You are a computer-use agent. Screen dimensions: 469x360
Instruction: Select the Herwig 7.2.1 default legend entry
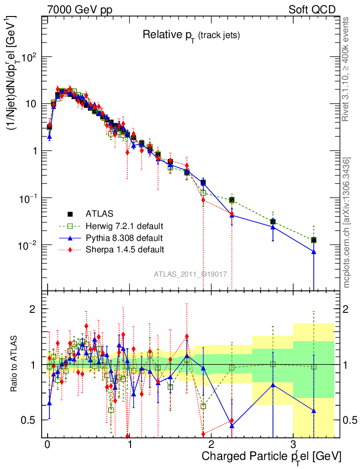pos(124,226)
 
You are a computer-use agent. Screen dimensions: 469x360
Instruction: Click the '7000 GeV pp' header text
pos(80,10)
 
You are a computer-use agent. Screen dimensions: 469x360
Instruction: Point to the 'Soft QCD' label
pos(312,10)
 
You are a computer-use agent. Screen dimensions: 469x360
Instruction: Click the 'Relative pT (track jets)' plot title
pos(191,35)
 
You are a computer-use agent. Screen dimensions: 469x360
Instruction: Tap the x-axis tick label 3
pos(293,444)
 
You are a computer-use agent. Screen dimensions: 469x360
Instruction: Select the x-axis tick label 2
pos(212,444)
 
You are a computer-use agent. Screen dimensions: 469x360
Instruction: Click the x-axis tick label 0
pos(47,444)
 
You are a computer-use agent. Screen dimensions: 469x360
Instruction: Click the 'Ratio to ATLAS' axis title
pos(15,365)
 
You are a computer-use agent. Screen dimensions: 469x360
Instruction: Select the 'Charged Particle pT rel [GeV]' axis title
pos(271,456)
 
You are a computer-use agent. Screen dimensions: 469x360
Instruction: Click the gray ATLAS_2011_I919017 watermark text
pos(191,274)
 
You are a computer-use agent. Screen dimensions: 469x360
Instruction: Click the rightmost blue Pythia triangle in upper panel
pos(314,251)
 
